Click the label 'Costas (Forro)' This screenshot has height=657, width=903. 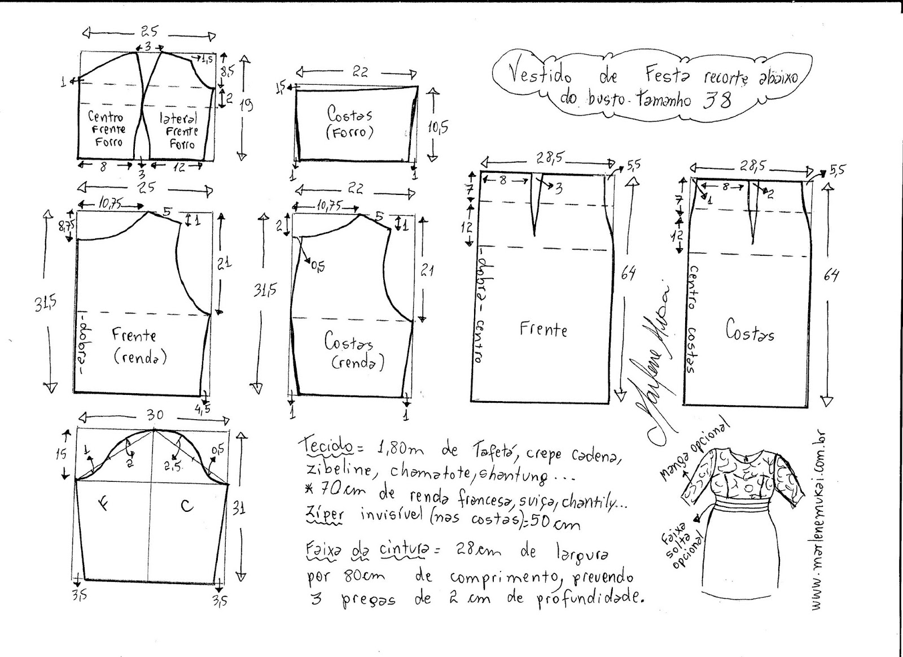pyautogui.click(x=349, y=122)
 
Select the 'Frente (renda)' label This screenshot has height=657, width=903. pyautogui.click(x=135, y=345)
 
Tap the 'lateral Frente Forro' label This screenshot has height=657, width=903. pyautogui.click(x=178, y=131)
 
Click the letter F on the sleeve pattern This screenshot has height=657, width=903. pyautogui.click(x=103, y=505)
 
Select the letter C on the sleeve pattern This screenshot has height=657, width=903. pyautogui.click(x=187, y=506)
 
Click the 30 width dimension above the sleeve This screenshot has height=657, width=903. pyautogui.click(x=155, y=416)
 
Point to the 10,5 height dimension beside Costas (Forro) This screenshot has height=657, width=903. pyautogui.click(x=437, y=128)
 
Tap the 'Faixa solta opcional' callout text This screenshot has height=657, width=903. pyautogui.click(x=682, y=543)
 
